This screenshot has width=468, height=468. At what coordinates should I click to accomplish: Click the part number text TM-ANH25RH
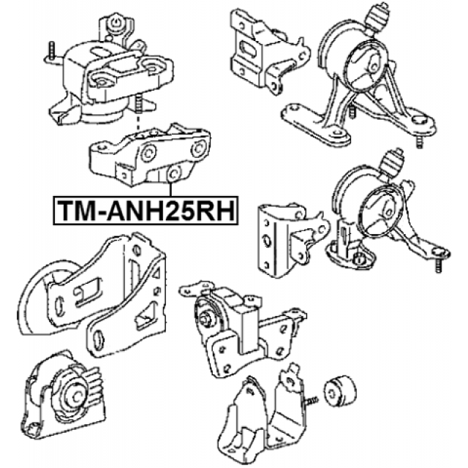(146, 211)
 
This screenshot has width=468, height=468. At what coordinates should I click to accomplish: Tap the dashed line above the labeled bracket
(138, 121)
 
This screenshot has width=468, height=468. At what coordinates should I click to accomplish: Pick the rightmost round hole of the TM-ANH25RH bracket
(198, 148)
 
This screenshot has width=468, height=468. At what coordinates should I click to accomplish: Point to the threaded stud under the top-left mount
(138, 105)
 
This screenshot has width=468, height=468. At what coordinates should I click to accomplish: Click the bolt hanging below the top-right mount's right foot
(419, 141)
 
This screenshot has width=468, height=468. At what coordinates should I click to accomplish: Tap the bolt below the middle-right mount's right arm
(438, 265)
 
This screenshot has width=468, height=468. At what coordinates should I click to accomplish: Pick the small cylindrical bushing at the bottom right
(340, 390)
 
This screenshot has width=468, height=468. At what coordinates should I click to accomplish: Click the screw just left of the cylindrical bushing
(311, 400)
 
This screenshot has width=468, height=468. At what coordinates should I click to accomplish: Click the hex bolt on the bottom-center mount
(205, 319)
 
